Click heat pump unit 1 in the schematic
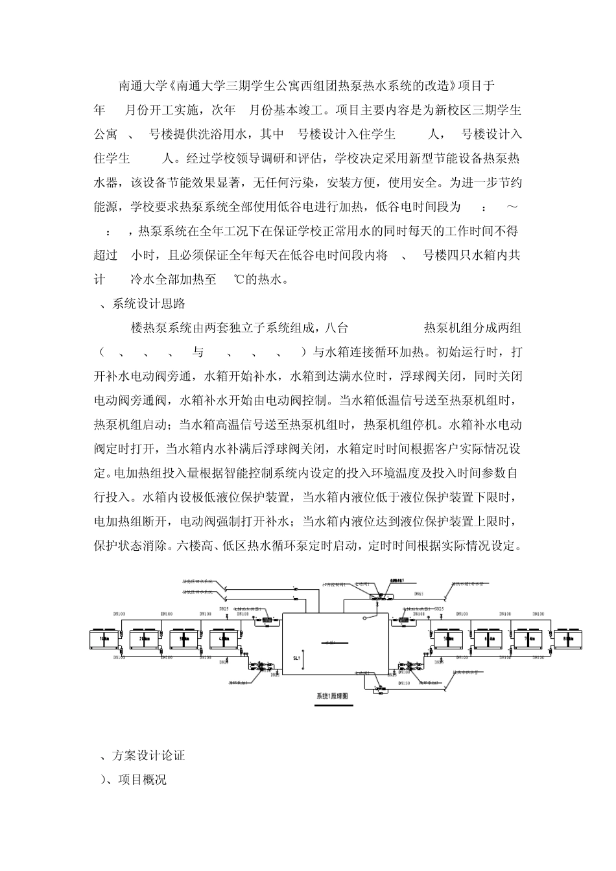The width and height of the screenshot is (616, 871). pos(104,639)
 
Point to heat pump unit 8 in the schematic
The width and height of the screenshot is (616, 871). pos(565,639)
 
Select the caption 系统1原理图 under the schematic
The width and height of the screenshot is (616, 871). pos(333,697)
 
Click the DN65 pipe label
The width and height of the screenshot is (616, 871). pos(419,594)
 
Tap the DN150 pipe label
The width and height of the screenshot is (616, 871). pos(403,683)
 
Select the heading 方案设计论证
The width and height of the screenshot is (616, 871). pos(149,755)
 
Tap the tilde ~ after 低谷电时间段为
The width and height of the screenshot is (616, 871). pos(512,207)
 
